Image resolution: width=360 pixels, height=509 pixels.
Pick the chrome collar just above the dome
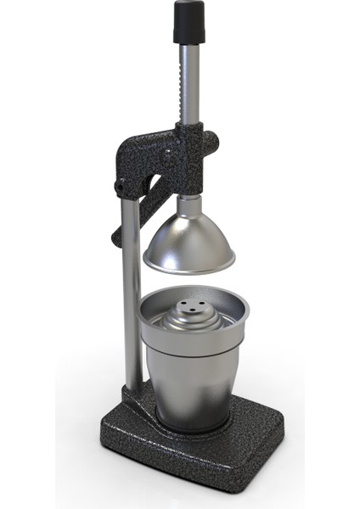(x=188, y=203)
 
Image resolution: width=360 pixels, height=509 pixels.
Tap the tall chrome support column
(x=131, y=297)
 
